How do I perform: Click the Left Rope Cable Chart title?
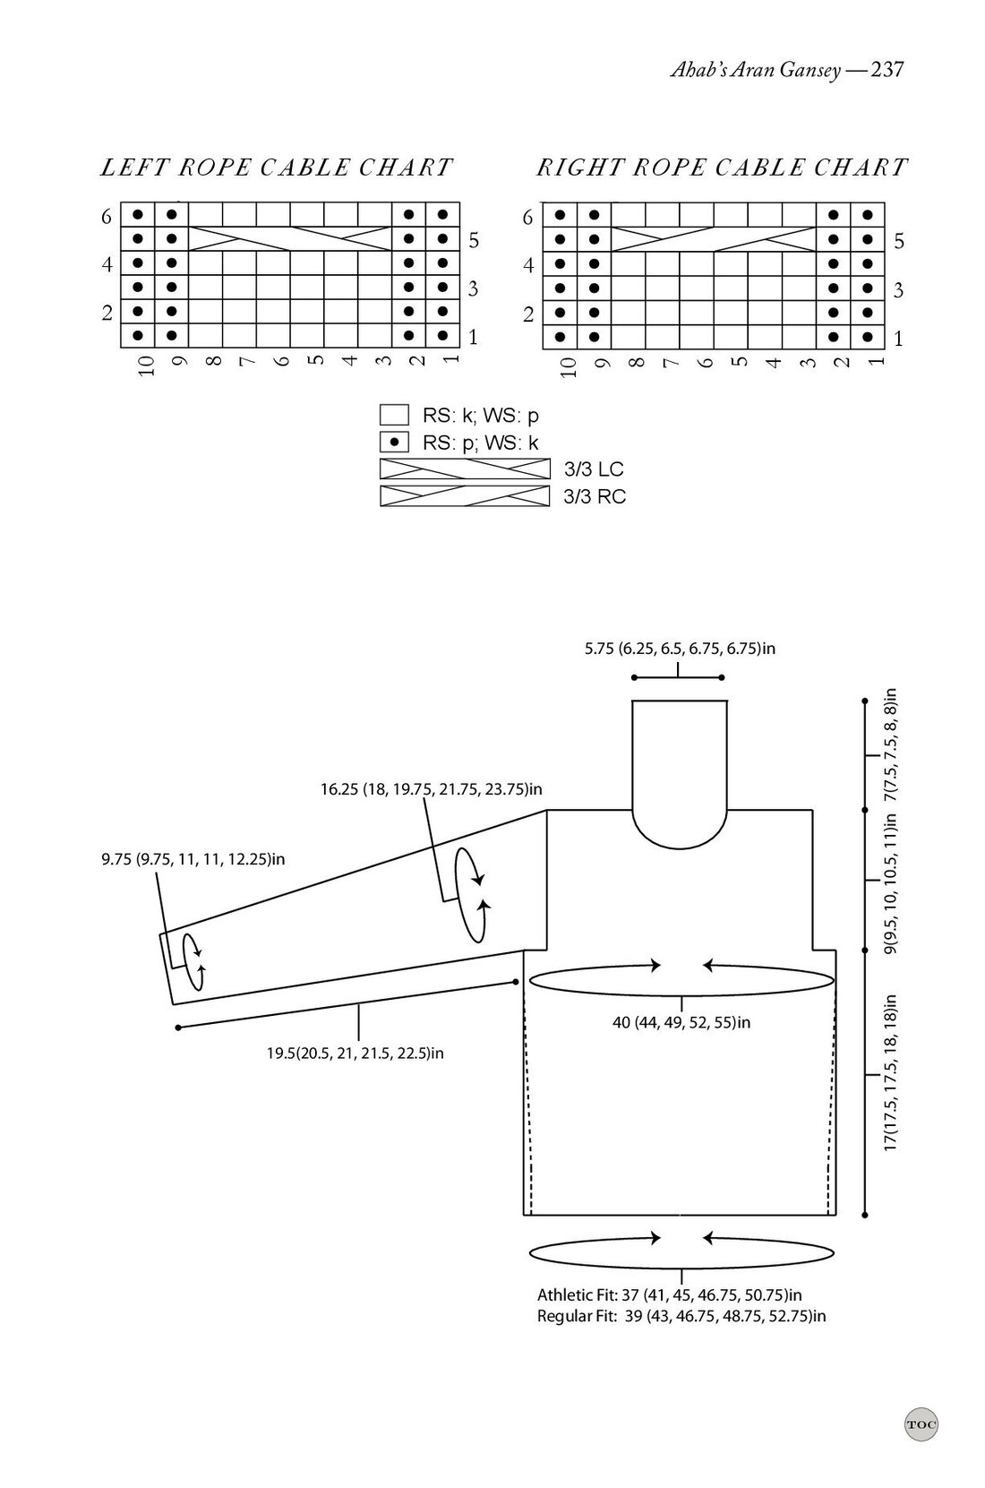[x=276, y=168]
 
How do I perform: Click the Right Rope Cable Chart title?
[x=722, y=168]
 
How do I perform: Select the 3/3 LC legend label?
[x=593, y=469]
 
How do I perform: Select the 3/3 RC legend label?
[x=594, y=496]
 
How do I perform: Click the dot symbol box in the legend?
[x=394, y=443]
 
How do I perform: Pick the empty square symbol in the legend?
[x=394, y=416]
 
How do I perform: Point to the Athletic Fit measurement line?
[x=669, y=1294]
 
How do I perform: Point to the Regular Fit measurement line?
[x=681, y=1316]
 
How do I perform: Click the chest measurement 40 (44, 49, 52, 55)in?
[x=681, y=1022]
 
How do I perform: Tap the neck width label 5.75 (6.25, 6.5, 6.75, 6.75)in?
[x=680, y=649]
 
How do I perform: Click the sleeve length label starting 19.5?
[x=355, y=1053]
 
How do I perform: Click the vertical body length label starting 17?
[x=891, y=1073]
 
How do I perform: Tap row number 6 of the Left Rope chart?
[x=107, y=217]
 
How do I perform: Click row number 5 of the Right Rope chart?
[x=899, y=241]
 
